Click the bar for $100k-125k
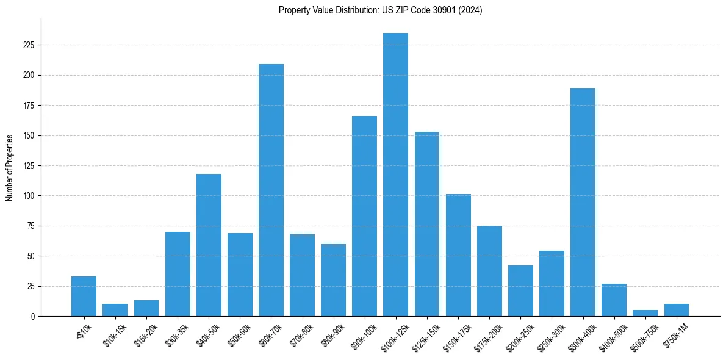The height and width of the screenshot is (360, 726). (x=395, y=175)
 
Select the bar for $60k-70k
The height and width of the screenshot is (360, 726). (x=271, y=190)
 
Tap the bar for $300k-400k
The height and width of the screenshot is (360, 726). (x=583, y=202)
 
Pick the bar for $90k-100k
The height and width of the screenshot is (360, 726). (x=364, y=216)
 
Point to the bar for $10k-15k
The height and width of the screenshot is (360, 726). (x=115, y=311)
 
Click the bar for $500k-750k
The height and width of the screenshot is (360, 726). (x=645, y=313)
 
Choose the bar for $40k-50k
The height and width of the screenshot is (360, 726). (x=209, y=245)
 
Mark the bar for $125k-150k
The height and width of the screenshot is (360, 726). (x=426, y=224)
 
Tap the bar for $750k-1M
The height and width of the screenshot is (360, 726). (x=676, y=311)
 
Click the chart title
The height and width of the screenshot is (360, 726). (x=380, y=10)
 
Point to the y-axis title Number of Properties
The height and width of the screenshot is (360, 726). (x=10, y=168)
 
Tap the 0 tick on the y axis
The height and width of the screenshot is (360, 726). (x=33, y=316)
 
